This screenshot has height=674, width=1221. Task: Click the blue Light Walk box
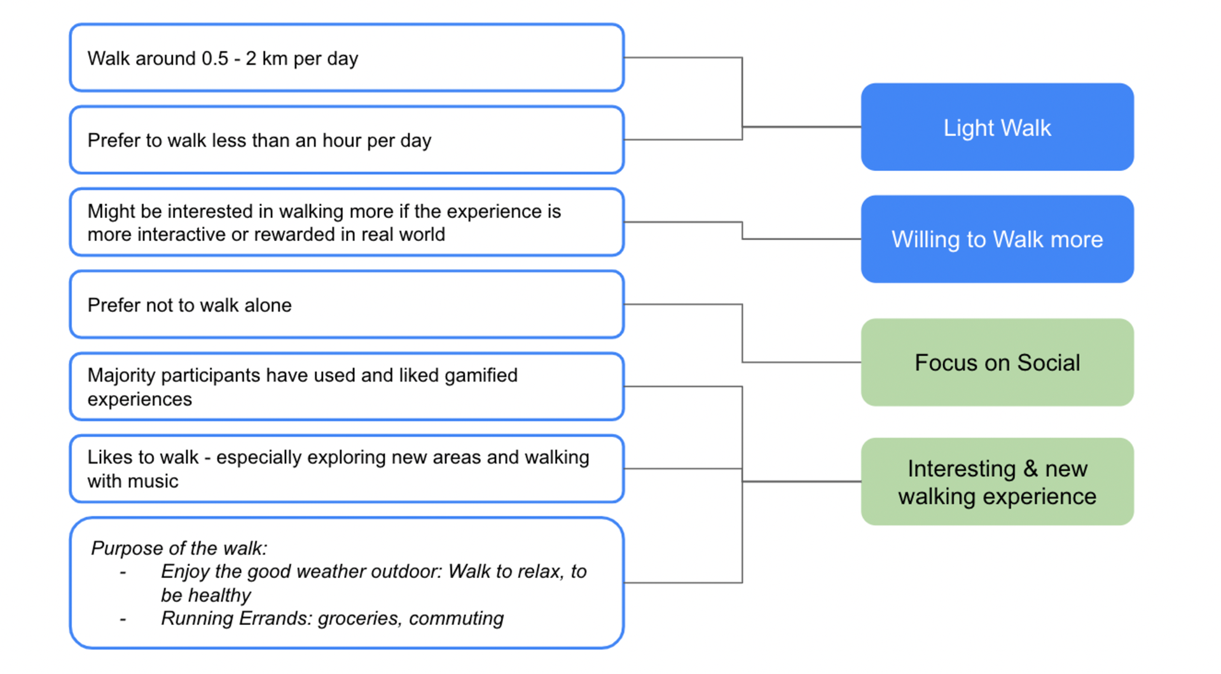point(997,127)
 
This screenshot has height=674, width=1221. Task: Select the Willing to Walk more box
point(997,239)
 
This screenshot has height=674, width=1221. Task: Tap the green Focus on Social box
point(997,362)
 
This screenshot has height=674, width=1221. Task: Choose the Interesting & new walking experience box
point(997,481)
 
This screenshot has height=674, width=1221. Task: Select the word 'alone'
point(268,305)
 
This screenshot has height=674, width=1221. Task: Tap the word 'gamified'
point(481,376)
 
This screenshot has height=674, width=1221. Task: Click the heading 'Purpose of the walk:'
point(179,548)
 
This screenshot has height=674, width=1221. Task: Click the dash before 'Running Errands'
point(123,619)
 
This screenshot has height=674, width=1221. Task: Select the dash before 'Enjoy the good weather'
point(123,572)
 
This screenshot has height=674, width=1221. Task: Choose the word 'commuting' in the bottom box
point(456,619)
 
